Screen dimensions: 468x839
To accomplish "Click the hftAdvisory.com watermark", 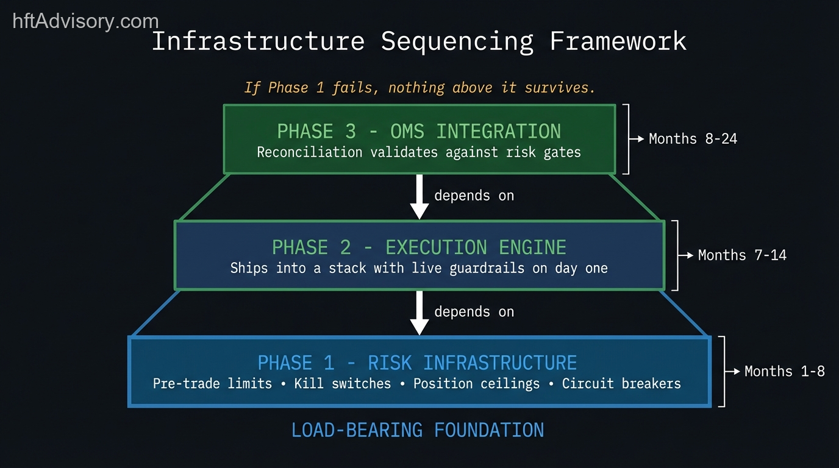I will tap(85, 21).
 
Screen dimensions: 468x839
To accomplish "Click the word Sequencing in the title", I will tap(457, 41).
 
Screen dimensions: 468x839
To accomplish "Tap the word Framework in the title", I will tap(618, 41).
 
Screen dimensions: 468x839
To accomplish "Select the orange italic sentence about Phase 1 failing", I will tap(419, 88).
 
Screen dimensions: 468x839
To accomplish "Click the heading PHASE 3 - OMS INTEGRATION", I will tap(419, 131).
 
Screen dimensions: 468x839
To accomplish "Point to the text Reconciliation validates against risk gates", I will tap(419, 152).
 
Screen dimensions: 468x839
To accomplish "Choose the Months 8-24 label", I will tap(693, 139).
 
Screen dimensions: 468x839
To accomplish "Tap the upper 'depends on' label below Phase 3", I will tap(474, 196).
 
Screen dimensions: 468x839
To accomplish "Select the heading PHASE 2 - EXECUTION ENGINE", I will tap(419, 247).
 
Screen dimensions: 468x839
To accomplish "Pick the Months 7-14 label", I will tap(742, 255).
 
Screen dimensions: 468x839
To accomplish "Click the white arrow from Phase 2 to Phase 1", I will tap(419, 312).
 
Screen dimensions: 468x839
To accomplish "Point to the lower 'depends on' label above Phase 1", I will tap(474, 312).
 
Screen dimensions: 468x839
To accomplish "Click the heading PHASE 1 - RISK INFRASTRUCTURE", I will tap(417, 363).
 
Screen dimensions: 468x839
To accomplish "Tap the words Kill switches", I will tap(342, 384).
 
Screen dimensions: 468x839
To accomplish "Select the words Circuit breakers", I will tap(621, 384).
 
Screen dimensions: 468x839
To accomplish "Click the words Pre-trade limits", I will tap(212, 384).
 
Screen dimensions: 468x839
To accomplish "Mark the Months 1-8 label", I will tap(784, 371).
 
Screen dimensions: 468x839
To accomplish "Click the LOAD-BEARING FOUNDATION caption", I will tap(418, 430).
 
